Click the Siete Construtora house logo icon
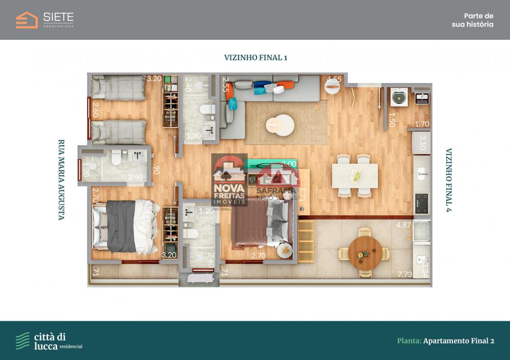pyautogui.click(x=27, y=20)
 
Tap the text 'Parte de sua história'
pyautogui.click(x=472, y=20)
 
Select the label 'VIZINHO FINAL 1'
pyautogui.click(x=256, y=58)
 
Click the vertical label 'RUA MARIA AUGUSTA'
pyautogui.click(x=61, y=179)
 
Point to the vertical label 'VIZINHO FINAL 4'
pyautogui.click(x=449, y=179)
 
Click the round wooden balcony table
pyautogui.click(x=365, y=253)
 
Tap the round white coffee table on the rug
pyautogui.click(x=279, y=125)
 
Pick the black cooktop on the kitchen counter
pyautogui.click(x=422, y=203)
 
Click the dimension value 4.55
pyautogui.click(x=334, y=80)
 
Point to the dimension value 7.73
pyautogui.click(x=405, y=275)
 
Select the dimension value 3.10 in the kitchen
pyautogui.click(x=422, y=142)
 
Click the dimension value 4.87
pyautogui.click(x=403, y=224)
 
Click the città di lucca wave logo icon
pyautogui.click(x=22, y=340)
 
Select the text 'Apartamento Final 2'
pyautogui.click(x=458, y=341)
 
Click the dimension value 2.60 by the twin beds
pyautogui.click(x=94, y=110)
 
